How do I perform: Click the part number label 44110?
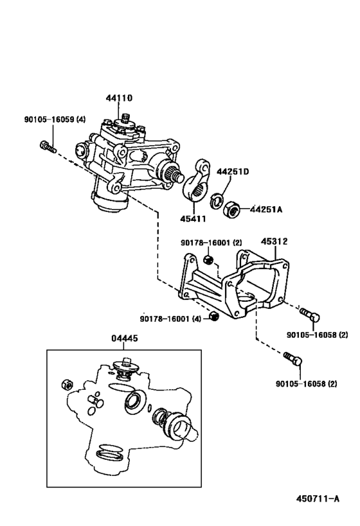(x=119, y=98)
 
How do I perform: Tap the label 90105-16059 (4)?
(x=55, y=119)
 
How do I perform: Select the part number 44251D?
(x=232, y=171)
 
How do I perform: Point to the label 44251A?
(x=266, y=209)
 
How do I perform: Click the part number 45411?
(x=193, y=219)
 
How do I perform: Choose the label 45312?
(x=274, y=241)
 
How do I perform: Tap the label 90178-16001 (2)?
(x=212, y=243)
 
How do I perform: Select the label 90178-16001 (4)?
(x=170, y=319)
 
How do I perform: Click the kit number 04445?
(x=125, y=338)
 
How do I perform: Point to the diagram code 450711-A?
(x=318, y=498)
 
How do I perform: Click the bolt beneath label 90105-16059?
(x=48, y=146)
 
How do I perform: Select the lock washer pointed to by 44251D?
(x=217, y=200)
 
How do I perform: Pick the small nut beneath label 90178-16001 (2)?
(x=208, y=259)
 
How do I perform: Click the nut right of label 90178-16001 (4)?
(x=213, y=317)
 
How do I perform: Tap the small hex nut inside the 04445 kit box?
(x=66, y=385)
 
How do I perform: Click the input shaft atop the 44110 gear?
(x=126, y=118)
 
